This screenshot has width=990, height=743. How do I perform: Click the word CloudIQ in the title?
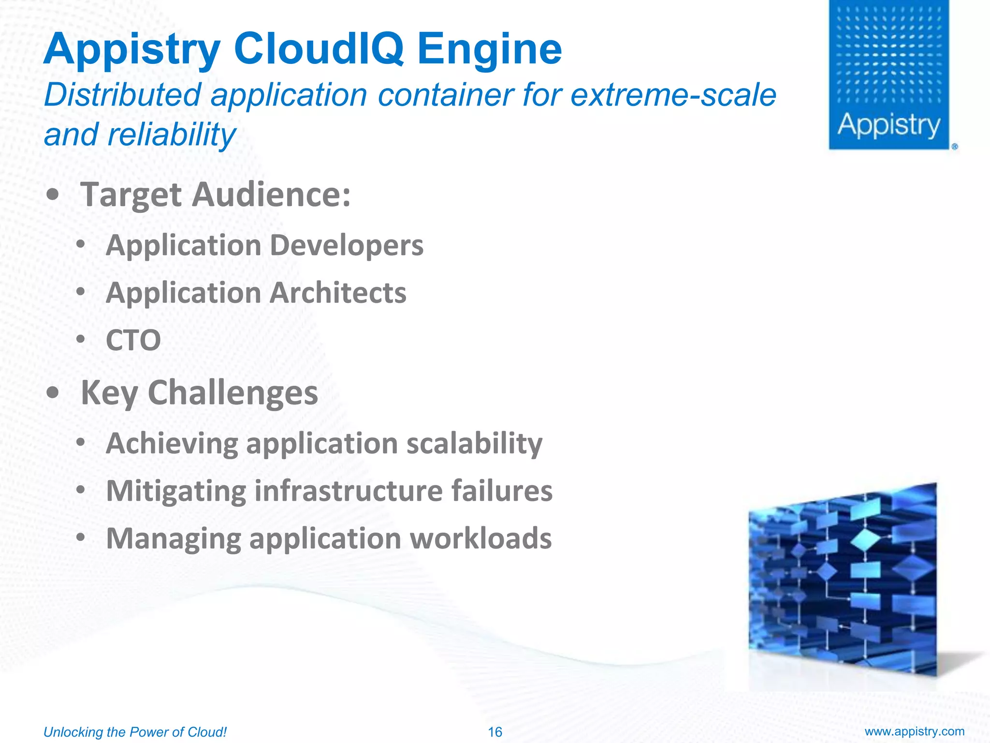point(319,49)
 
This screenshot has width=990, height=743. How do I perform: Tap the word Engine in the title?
point(489,49)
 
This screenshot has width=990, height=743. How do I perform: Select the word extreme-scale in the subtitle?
point(673,95)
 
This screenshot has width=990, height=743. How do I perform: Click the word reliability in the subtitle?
point(171,135)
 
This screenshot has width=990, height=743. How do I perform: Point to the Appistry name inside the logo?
point(888,125)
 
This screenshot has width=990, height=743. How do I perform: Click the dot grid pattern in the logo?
point(888,56)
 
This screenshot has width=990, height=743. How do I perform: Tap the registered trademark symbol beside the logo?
point(954,146)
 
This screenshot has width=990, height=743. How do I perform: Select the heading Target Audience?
point(216,194)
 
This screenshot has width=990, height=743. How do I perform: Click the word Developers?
point(346,245)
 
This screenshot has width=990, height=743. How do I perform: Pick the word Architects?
point(338,293)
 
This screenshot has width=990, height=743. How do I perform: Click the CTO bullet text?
point(133,340)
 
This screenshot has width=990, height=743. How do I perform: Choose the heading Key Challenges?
point(199,392)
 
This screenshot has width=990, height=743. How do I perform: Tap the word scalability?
point(474,443)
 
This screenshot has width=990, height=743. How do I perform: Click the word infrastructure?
point(349,491)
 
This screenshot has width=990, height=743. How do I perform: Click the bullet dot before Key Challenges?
point(53,392)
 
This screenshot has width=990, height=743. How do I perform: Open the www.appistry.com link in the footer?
point(914,731)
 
